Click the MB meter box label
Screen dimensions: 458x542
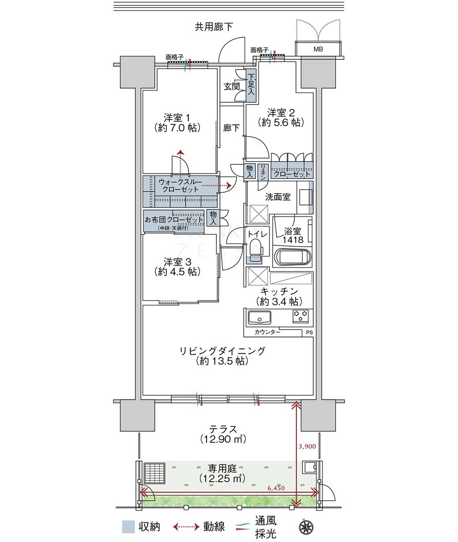pyautogui.click(x=318, y=49)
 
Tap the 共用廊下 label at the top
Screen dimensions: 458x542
pyautogui.click(x=214, y=27)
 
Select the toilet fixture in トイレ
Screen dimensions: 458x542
pyautogui.click(x=255, y=251)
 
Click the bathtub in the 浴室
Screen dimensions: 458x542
pyautogui.click(x=293, y=257)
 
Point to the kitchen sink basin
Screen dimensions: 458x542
pyautogui.click(x=259, y=317)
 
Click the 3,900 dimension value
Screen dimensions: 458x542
pyautogui.click(x=307, y=446)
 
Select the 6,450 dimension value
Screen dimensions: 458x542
pyautogui.click(x=276, y=488)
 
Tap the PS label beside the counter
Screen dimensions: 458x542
pyautogui.click(x=309, y=333)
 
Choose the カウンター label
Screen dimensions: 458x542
pyautogui.click(x=267, y=332)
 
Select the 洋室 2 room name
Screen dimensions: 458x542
pyautogui.click(x=281, y=113)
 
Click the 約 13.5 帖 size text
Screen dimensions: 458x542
pyautogui.click(x=222, y=361)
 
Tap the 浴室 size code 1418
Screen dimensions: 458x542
pyautogui.click(x=293, y=240)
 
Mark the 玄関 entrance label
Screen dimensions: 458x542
pyautogui.click(x=231, y=86)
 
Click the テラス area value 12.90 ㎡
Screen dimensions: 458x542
pyautogui.click(x=223, y=439)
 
